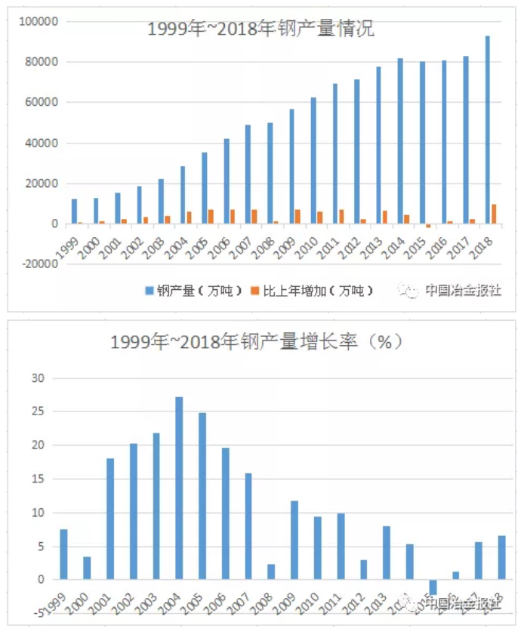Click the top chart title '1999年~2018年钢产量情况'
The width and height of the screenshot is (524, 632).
[x=260, y=30]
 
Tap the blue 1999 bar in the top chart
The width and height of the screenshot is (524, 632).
[x=74, y=211]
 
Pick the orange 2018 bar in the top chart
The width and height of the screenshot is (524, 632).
[x=494, y=214]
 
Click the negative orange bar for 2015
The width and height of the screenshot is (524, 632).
[x=428, y=226]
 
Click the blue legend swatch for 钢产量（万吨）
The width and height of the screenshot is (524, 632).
[x=150, y=291]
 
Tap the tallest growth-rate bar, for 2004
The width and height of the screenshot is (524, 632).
[x=179, y=488]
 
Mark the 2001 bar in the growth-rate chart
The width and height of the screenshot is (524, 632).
[x=110, y=519]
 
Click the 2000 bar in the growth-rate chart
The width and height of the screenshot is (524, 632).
[x=87, y=568]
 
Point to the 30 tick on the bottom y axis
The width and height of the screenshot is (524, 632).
[x=39, y=378]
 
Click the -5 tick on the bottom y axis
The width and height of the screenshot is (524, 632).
[x=38, y=612]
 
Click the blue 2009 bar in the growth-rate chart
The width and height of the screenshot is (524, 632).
[x=294, y=540]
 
